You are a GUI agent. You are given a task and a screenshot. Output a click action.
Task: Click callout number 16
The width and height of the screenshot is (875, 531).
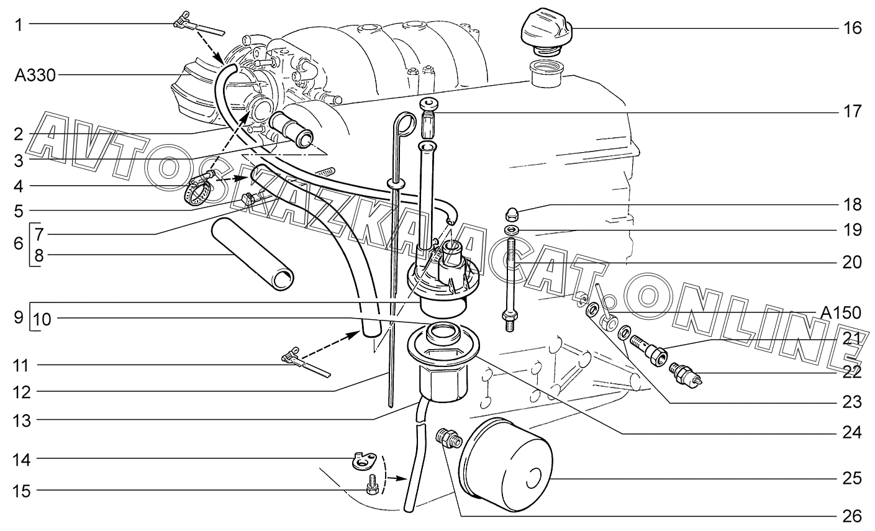pos(852,28)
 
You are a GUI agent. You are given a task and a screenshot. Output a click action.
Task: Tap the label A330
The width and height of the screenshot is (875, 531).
pos(35,76)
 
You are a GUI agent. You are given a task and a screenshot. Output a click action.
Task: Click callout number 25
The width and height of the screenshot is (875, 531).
pos(852,478)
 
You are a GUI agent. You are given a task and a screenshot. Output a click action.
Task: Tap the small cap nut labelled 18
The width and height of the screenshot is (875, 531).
pos(513,214)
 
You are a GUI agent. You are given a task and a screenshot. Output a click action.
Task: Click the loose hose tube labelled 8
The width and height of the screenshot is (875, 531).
pos(253,254)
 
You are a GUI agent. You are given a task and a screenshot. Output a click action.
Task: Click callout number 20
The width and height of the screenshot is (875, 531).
pos(852,262)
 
